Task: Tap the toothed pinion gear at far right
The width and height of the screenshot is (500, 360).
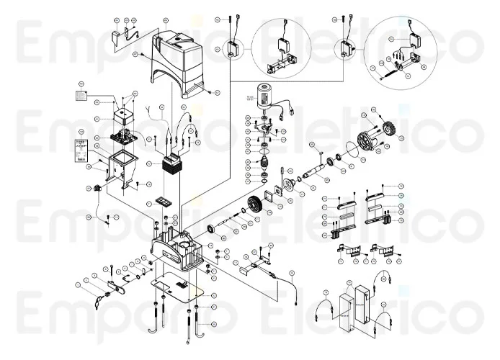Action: pyautogui.click(x=389, y=131)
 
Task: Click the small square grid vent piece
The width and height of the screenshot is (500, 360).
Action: pyautogui.click(x=165, y=199)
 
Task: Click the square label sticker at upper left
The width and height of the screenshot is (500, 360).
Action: pyautogui.click(x=81, y=94)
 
